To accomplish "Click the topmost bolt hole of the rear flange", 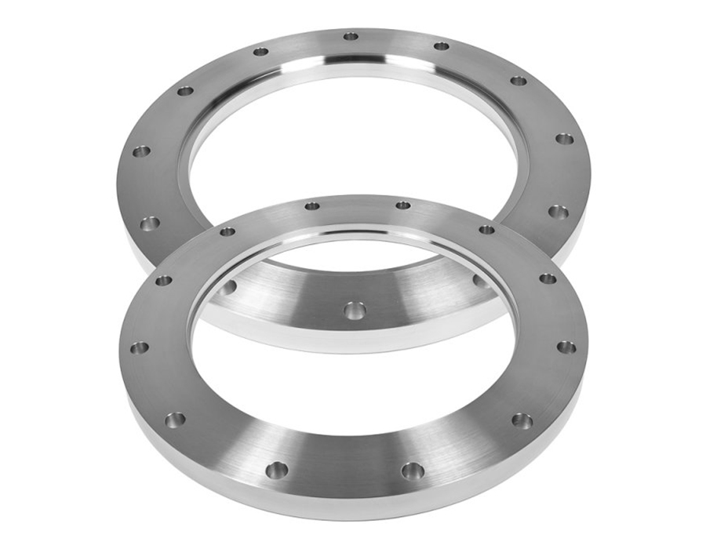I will [351, 36].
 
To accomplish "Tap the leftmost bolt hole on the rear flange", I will [141, 151].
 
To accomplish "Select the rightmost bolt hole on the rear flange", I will [564, 139].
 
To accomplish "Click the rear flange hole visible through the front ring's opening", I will [355, 311].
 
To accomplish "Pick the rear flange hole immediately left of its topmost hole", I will [260, 52].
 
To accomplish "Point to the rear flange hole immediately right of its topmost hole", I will [442, 46].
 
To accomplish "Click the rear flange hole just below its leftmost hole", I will [149, 224].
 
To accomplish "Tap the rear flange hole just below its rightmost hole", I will [558, 211].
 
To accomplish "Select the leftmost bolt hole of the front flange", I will [139, 347].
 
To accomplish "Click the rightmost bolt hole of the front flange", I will [566, 347].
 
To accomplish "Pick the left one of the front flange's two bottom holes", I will [276, 470].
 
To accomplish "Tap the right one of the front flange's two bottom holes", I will [413, 471].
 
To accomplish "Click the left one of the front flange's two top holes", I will [312, 205].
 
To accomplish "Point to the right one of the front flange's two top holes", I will [403, 205].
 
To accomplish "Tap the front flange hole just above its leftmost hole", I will [163, 280].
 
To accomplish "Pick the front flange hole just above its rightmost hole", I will [548, 278].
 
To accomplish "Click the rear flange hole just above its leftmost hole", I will [185, 91].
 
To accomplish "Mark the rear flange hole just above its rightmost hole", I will [519, 81].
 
